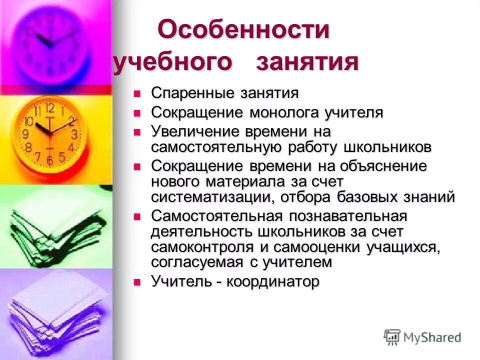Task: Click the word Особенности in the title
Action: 244,31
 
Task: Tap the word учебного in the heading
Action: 172,63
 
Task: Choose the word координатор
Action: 272,282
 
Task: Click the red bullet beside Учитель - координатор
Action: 137,282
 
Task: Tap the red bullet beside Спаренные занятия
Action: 137,93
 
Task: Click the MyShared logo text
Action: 431,337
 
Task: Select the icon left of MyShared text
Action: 392,337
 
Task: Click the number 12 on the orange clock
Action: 50,108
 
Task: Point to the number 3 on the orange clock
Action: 74,133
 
